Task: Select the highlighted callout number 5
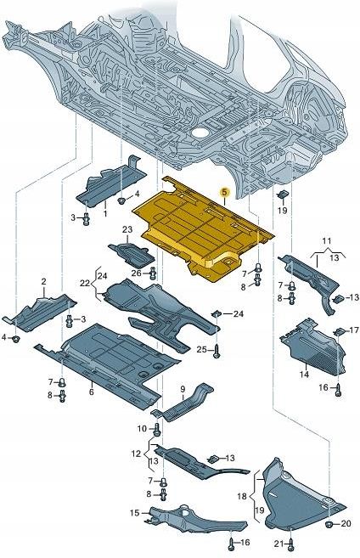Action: [x=224, y=194]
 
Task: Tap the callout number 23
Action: [x=127, y=230]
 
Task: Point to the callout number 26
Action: [x=136, y=273]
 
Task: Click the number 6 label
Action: [x=91, y=392]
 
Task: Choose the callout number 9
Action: [x=181, y=389]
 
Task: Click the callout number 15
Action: [x=134, y=513]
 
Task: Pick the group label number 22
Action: [x=85, y=283]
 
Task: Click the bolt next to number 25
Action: [x=217, y=349]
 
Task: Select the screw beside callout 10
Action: [x=157, y=428]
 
